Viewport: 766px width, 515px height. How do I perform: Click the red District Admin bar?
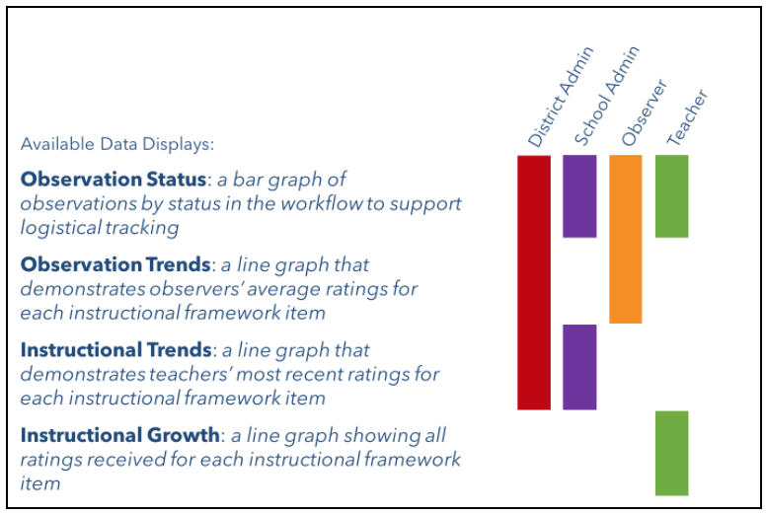point(534,282)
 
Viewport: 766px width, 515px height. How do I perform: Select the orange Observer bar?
point(625,239)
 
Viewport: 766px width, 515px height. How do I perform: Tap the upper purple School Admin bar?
point(579,196)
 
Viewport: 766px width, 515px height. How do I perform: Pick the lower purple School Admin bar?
point(579,367)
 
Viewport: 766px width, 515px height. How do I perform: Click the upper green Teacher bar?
point(671,196)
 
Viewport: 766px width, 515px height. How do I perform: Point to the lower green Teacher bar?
point(671,453)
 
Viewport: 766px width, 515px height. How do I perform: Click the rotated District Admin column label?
point(561,97)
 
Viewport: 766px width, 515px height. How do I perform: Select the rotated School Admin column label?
point(607,96)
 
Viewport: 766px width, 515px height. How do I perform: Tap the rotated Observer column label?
point(644,112)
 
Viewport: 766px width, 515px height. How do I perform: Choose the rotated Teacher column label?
point(687,117)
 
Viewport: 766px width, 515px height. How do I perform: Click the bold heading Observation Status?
point(114,180)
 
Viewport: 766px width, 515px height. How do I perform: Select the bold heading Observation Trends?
point(115,264)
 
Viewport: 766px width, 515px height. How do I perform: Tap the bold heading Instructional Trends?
point(116,350)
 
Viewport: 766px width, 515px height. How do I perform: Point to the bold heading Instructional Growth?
point(120,435)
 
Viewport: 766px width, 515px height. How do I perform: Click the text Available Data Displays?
point(117,144)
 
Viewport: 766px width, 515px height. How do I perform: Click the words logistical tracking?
point(100,228)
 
